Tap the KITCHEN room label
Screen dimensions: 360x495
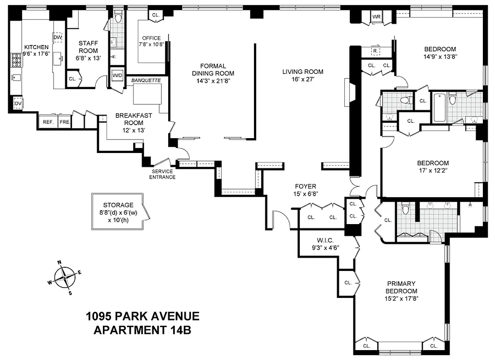pos(36,47)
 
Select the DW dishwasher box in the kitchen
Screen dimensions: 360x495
pos(58,38)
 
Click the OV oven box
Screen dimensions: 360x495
pos(18,103)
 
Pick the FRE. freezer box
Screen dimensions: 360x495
pos(65,122)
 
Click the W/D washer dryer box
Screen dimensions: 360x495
pos(117,75)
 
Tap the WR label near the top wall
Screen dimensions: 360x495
pos(376,18)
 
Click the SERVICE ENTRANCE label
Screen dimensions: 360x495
pos(163,174)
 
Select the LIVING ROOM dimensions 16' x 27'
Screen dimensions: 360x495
pos(303,79)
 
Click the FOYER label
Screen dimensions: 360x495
pos(305,186)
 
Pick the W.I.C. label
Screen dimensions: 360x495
pos(322,240)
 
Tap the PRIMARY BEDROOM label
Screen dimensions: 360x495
pos(401,287)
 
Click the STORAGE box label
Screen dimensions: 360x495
pos(118,205)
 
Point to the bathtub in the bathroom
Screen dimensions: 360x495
pos(439,107)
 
